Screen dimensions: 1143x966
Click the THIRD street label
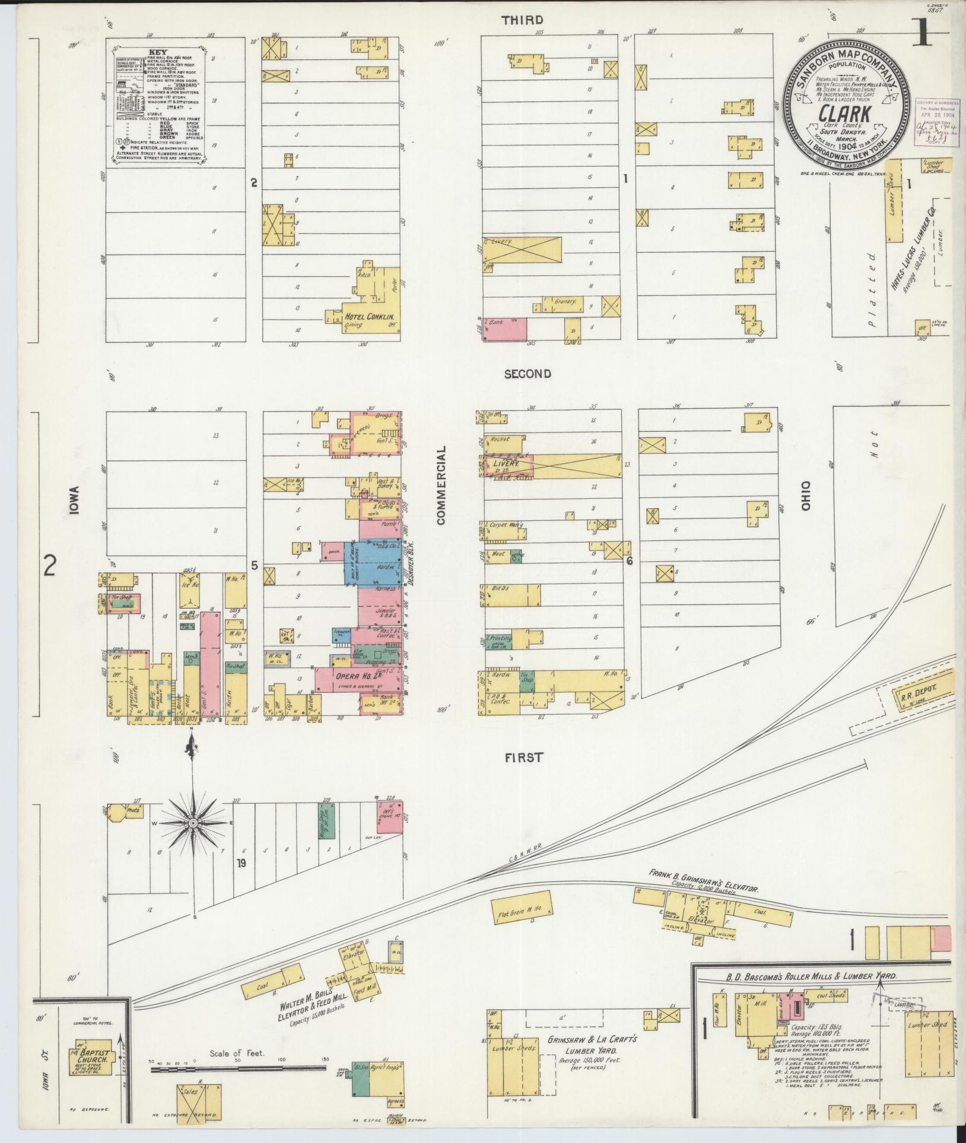522,20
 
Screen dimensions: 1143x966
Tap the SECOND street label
528,374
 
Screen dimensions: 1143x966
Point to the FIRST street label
525,757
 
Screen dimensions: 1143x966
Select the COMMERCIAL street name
440,486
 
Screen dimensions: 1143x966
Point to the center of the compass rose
193,824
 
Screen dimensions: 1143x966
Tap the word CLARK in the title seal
842,113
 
